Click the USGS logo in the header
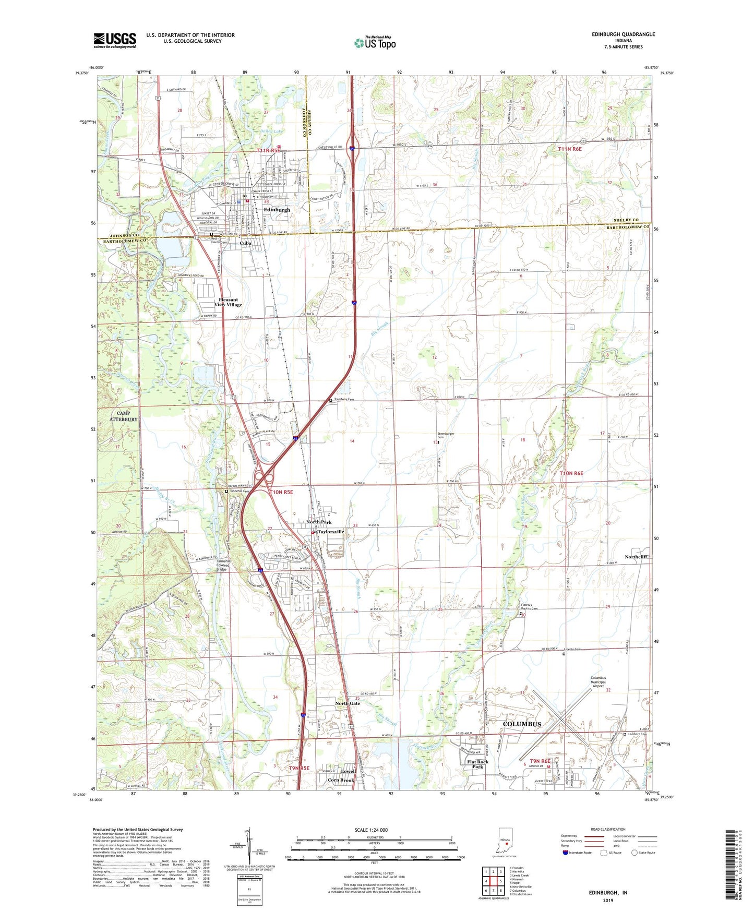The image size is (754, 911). [115, 40]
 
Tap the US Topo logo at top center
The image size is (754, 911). [375, 43]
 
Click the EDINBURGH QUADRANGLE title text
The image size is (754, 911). [623, 34]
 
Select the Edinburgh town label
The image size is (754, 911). [277, 210]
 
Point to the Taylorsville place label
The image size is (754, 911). [331, 532]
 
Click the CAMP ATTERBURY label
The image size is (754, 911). [124, 416]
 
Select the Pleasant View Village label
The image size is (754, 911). [228, 302]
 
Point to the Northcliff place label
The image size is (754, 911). [636, 557]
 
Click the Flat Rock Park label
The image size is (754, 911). [477, 764]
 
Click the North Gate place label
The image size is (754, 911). [348, 703]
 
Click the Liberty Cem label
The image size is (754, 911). [573, 650]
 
